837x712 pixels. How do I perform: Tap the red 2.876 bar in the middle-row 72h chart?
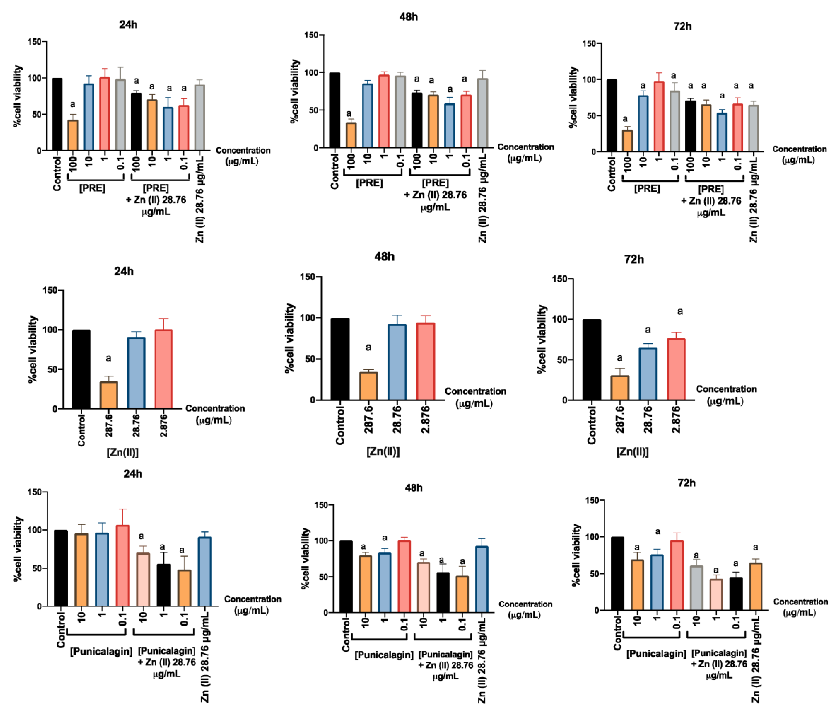coord(676,369)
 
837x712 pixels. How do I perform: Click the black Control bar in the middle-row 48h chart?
coord(340,359)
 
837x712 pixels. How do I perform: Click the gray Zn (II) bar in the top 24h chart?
coord(199,118)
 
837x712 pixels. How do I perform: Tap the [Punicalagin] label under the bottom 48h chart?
coord(384,655)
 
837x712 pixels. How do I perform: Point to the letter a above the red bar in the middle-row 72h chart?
coord(680,312)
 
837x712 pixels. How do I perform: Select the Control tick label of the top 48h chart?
coord(334,171)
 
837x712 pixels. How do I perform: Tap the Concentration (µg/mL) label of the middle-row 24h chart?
coord(215,414)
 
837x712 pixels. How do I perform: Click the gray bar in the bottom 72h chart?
coord(696,588)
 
